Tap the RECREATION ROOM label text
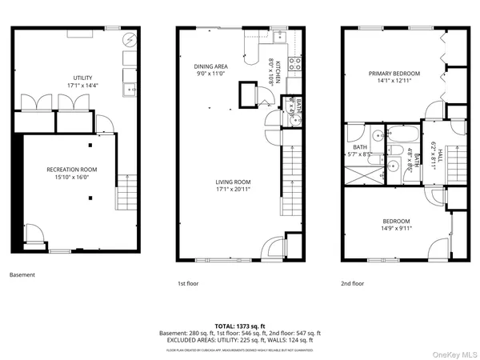click(72, 170)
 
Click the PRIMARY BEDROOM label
click(394, 74)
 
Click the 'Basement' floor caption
click(22, 274)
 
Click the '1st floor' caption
click(190, 283)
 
